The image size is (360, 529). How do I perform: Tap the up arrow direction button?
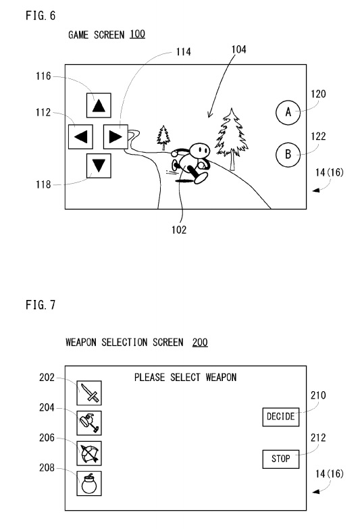[99, 105]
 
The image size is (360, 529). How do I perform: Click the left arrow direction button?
[80, 136]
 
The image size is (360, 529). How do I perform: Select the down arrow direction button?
[99, 166]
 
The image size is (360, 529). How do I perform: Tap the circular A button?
[288, 112]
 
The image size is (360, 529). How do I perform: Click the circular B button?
[288, 155]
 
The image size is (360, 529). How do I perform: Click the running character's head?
[199, 151]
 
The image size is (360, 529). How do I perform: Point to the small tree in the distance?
[163, 137]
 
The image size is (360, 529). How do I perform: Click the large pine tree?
[232, 138]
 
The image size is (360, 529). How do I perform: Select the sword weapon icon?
[89, 393]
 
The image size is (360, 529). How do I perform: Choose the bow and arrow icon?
[89, 453]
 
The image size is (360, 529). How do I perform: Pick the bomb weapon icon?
[89, 484]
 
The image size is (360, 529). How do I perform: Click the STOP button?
[281, 459]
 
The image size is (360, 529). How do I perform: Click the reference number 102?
[179, 230]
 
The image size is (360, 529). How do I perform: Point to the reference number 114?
[184, 51]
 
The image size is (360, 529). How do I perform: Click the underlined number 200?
[200, 342]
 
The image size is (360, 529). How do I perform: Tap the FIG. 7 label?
[41, 305]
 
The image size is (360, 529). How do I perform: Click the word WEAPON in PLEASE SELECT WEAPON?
[221, 377]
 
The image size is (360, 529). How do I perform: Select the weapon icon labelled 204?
[89, 423]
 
